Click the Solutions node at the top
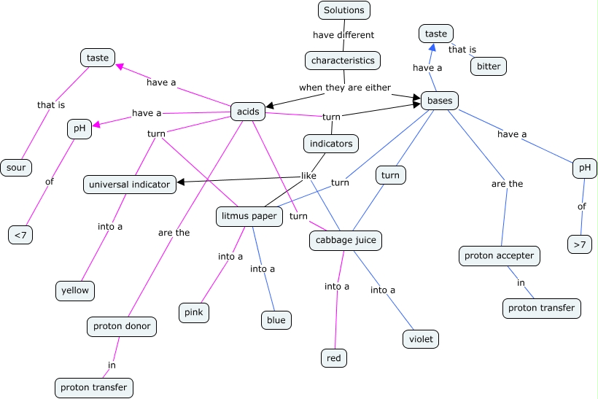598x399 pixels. pyautogui.click(x=344, y=10)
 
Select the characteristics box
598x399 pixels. pyautogui.click(x=343, y=61)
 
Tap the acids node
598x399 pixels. pyautogui.click(x=247, y=112)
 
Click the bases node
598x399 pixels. pyautogui.click(x=440, y=101)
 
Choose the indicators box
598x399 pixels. pyautogui.click(x=331, y=144)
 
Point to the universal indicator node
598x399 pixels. pyautogui.click(x=130, y=185)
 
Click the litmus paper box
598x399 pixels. pyautogui.click(x=249, y=216)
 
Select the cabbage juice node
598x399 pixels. pyautogui.click(x=345, y=239)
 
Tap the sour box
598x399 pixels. pyautogui.click(x=16, y=168)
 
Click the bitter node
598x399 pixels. pyautogui.click(x=488, y=67)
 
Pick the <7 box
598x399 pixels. pyautogui.click(x=20, y=235)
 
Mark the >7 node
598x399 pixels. pyautogui.click(x=580, y=244)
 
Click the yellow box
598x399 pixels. pyautogui.click(x=75, y=290)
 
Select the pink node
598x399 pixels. pyautogui.click(x=194, y=312)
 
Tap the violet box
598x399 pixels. pyautogui.click(x=422, y=339)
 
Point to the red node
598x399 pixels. pyautogui.click(x=333, y=358)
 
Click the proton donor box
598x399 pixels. pyautogui.click(x=122, y=326)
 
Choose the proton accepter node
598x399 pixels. pyautogui.click(x=500, y=256)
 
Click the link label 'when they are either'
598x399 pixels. pyautogui.click(x=345, y=88)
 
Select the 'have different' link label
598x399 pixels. pyautogui.click(x=343, y=34)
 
